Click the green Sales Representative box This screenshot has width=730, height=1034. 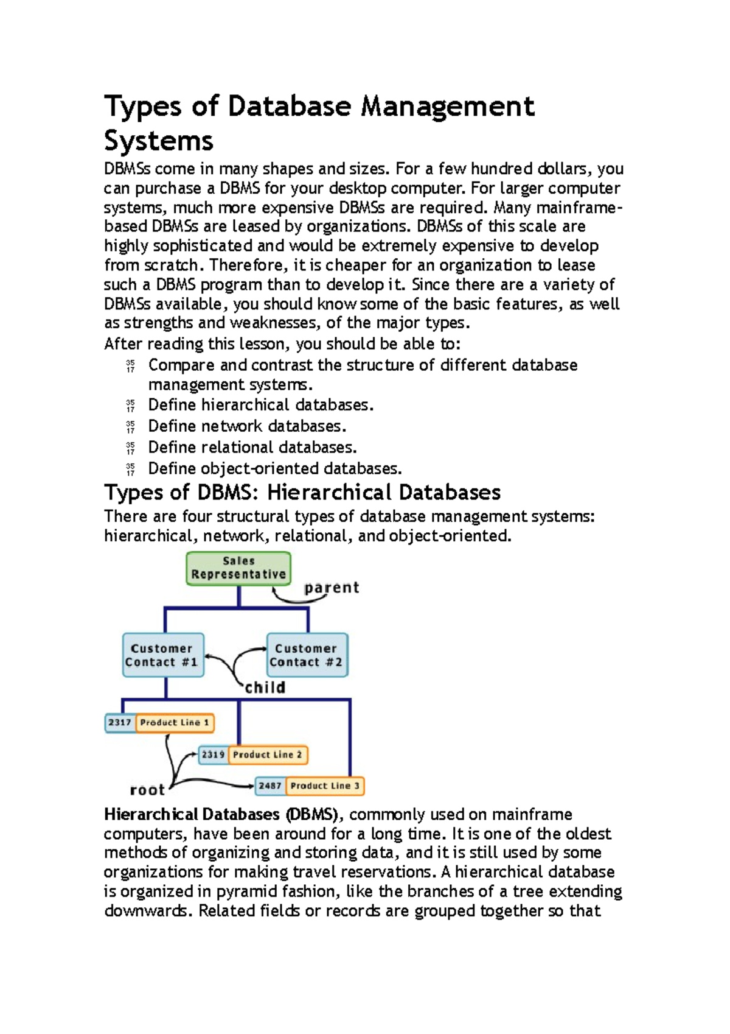[238, 568]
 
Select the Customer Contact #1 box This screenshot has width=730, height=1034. [163, 655]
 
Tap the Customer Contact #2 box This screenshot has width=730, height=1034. [307, 655]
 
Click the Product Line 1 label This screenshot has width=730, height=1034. [175, 723]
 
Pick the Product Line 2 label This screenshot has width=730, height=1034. [268, 755]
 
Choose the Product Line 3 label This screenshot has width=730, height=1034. [325, 786]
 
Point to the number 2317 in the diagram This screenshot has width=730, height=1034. [120, 723]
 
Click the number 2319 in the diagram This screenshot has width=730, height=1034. [213, 755]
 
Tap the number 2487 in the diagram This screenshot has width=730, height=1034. [270, 786]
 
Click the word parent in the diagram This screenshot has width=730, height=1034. [332, 588]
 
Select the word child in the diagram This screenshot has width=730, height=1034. [265, 688]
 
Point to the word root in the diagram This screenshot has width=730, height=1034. [147, 790]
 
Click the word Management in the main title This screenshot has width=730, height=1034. [448, 107]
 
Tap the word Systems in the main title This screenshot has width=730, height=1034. [159, 141]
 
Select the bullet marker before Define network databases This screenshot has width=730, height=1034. [130, 427]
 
